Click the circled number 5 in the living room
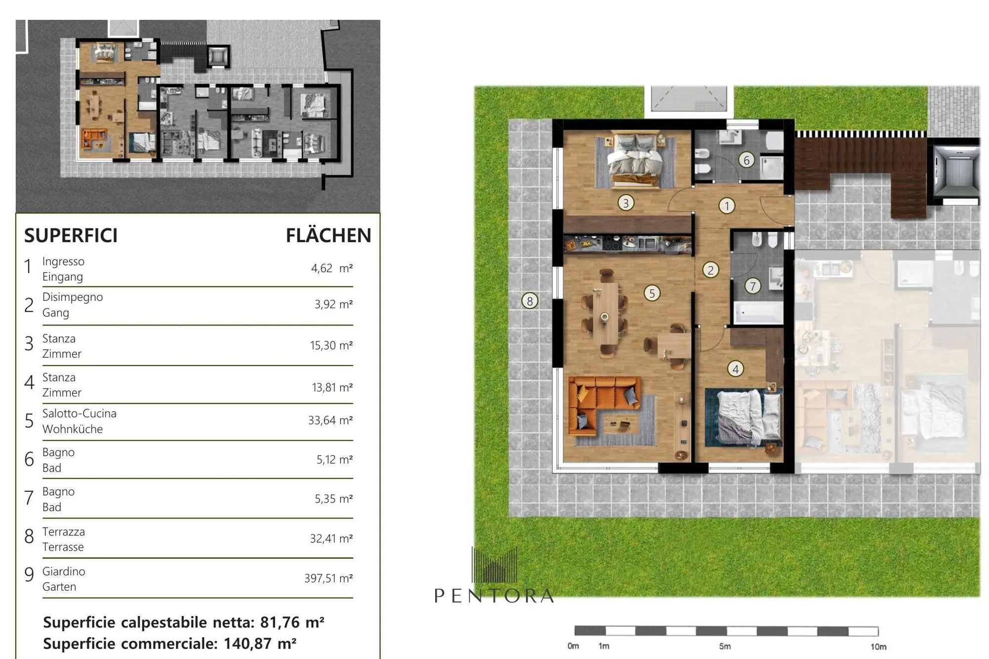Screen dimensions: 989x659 (652, 293)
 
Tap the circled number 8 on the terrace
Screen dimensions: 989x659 (530, 301)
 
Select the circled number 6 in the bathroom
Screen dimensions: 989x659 (746, 160)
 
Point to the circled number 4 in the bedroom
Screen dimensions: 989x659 (735, 369)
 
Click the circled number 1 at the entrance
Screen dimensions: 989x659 (726, 205)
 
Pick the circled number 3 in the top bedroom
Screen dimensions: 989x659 (626, 203)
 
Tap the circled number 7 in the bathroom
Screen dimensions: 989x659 (753, 286)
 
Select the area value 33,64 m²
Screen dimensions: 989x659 (330, 420)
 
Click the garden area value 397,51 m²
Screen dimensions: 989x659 (328, 578)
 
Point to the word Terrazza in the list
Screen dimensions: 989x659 (63, 531)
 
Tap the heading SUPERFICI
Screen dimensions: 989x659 (71, 235)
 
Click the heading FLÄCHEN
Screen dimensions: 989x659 (328, 235)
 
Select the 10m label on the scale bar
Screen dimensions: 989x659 (878, 647)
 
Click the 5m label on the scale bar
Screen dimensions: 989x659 (725, 646)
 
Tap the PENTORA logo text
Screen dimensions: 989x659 (494, 596)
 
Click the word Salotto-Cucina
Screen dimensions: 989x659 (79, 413)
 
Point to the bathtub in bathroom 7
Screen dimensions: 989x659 (758, 312)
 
